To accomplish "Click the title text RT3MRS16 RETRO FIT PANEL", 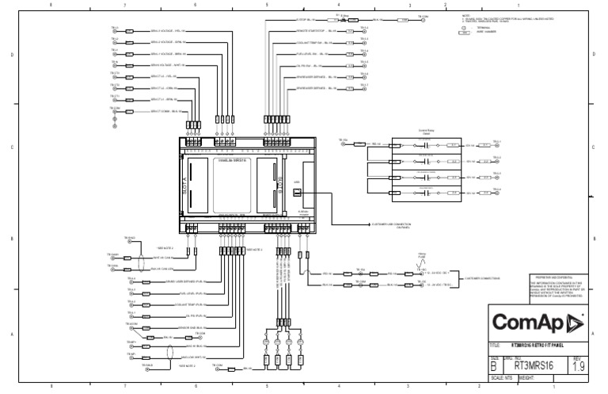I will (539, 346).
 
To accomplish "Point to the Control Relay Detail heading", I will (427, 132).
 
